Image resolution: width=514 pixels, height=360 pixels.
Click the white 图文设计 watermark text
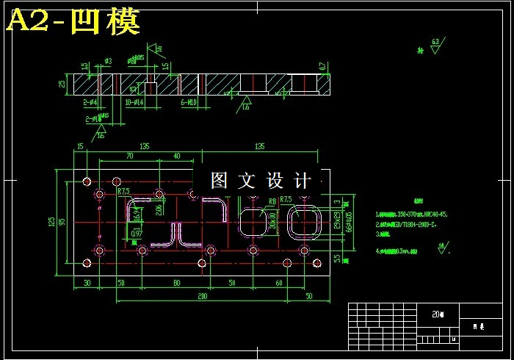[261, 180]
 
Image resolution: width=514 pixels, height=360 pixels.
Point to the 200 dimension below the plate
[202, 295]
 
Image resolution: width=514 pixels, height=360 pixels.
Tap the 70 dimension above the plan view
[129, 156]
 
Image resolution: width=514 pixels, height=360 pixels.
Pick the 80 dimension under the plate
[176, 282]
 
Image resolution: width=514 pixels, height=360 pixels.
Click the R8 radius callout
[272, 201]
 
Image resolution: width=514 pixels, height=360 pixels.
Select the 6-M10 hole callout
[189, 103]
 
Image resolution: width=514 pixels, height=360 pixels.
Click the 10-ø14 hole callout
[134, 103]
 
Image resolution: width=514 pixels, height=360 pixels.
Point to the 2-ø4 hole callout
[90, 103]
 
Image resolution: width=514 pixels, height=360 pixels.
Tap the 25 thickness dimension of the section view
[62, 83]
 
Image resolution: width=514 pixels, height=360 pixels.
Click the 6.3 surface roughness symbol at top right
[435, 43]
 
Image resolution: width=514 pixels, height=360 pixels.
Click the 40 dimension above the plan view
[177, 156]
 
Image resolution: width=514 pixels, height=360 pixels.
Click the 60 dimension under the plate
[279, 282]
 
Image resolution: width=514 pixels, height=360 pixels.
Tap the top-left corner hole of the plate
[87, 181]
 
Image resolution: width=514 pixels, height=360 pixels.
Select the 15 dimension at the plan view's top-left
[79, 146]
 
